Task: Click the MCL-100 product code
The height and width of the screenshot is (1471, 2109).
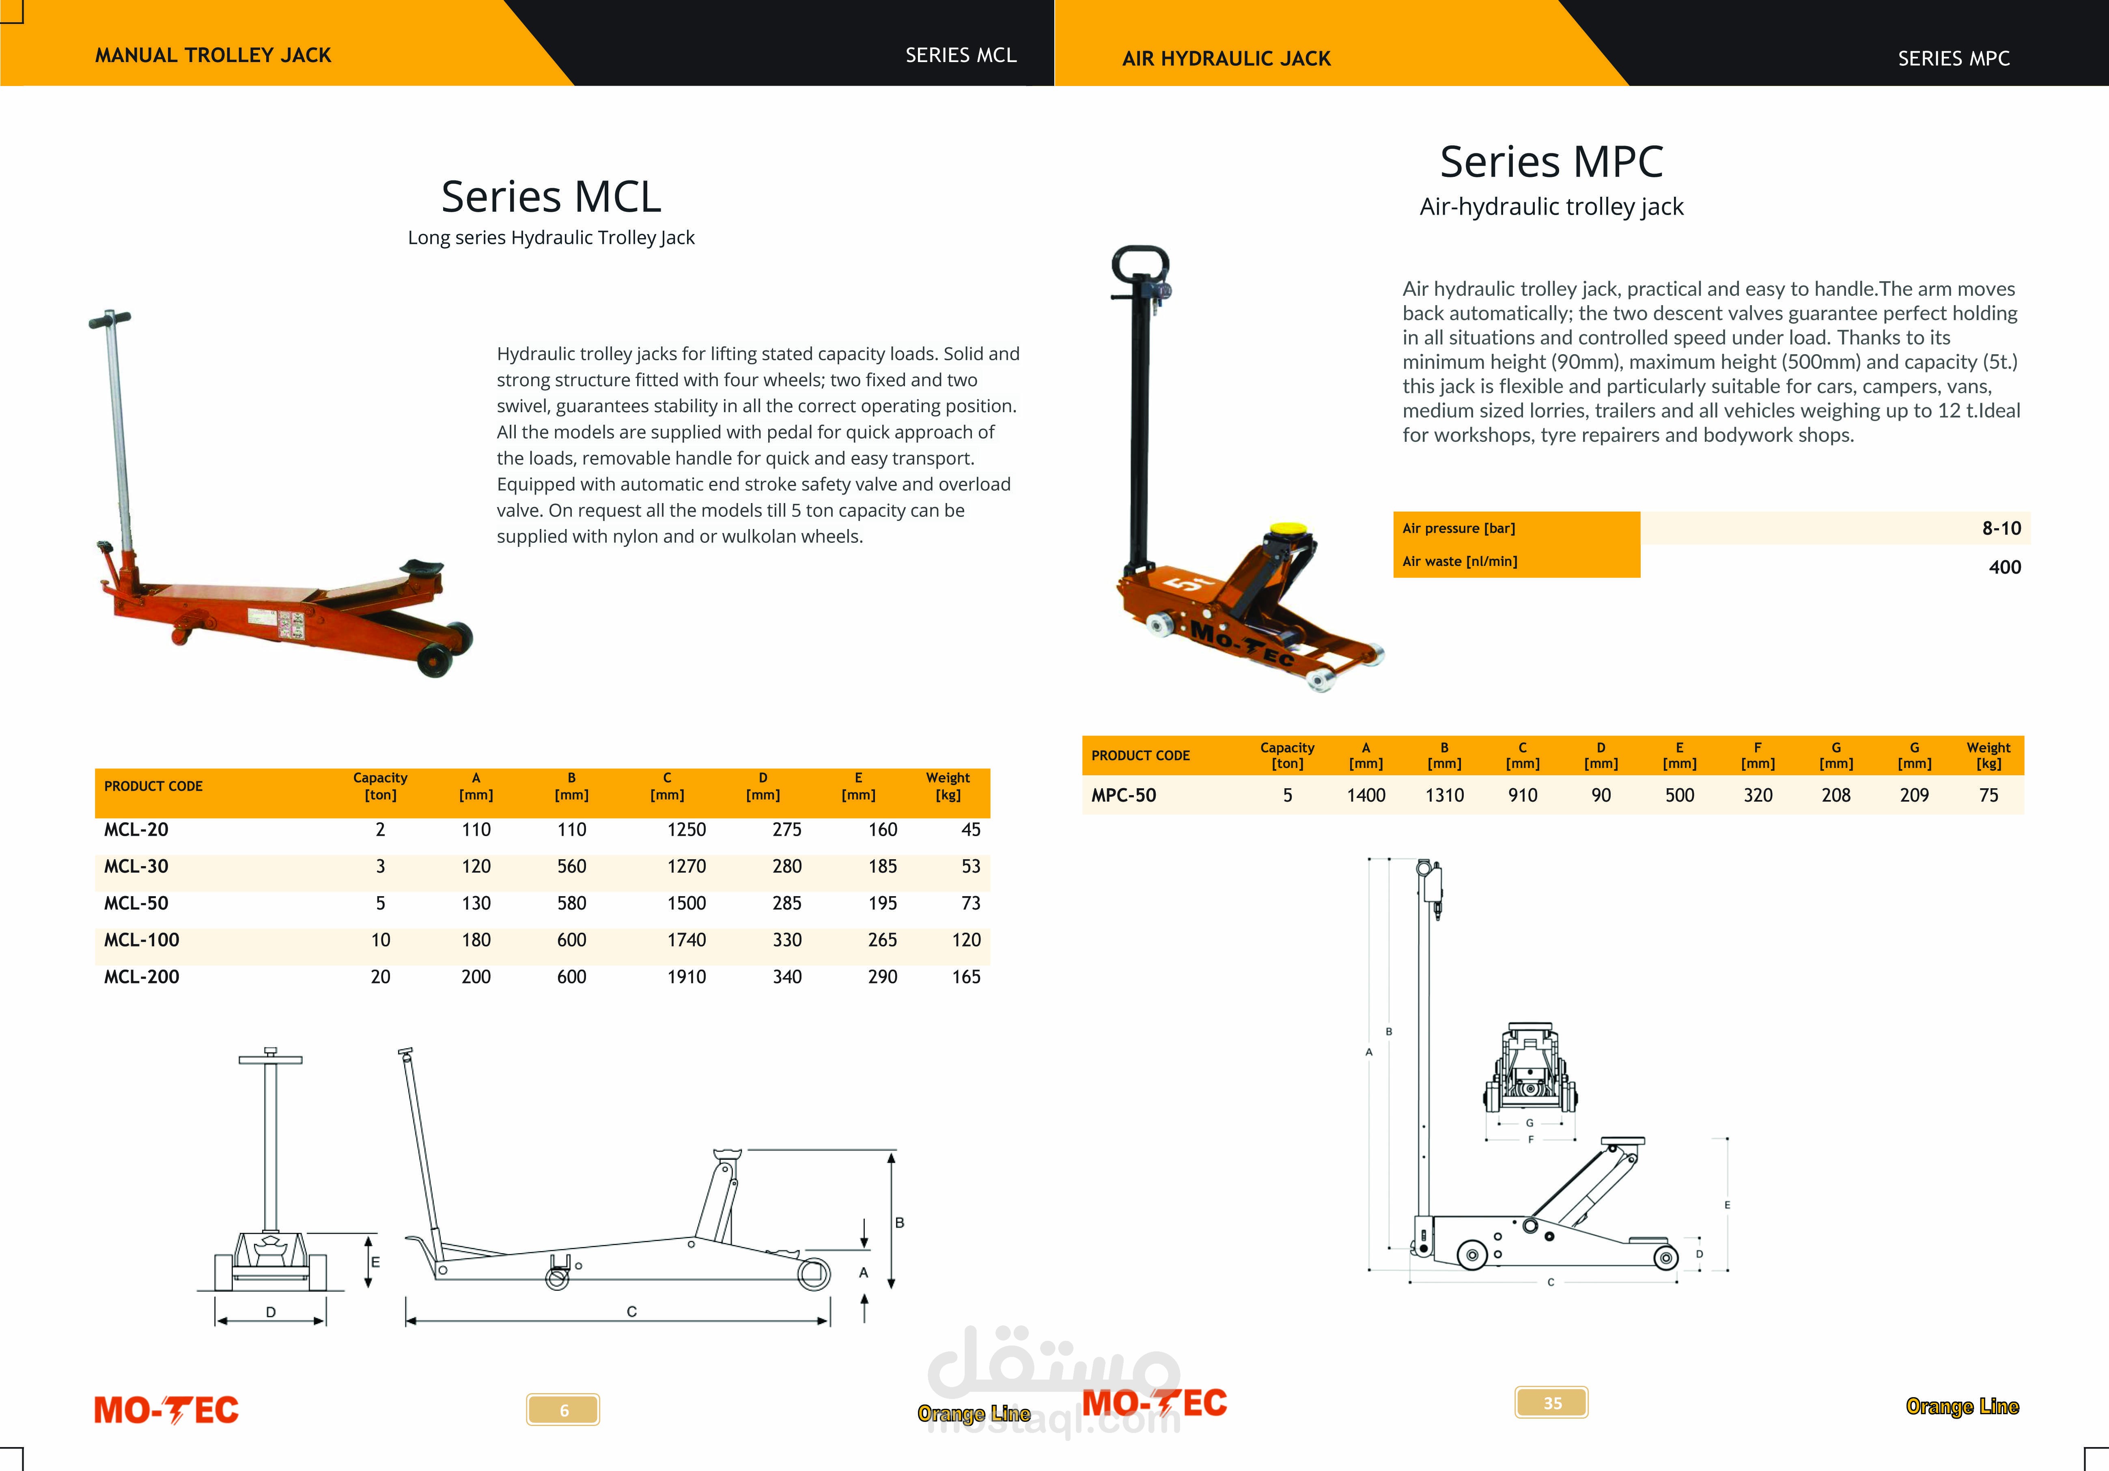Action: click(x=142, y=939)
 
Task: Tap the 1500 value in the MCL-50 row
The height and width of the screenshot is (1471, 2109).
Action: click(x=686, y=903)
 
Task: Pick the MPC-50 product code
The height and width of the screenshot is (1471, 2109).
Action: click(x=1123, y=795)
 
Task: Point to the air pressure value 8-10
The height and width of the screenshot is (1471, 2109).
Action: click(x=2001, y=528)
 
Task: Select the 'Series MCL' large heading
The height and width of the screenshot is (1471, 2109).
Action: click(x=551, y=196)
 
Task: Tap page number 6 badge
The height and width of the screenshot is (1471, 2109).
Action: click(x=563, y=1409)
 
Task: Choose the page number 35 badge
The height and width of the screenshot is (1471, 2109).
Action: click(x=1551, y=1402)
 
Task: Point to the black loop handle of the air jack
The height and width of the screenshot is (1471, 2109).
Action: click(x=1140, y=266)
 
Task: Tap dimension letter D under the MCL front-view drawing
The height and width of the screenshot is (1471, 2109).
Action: click(x=271, y=1312)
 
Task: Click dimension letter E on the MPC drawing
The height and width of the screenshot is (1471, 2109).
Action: click(x=1727, y=1205)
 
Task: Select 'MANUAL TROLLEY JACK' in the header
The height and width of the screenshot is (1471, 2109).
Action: click(x=213, y=55)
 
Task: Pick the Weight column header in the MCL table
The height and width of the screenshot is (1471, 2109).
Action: click(x=948, y=786)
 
